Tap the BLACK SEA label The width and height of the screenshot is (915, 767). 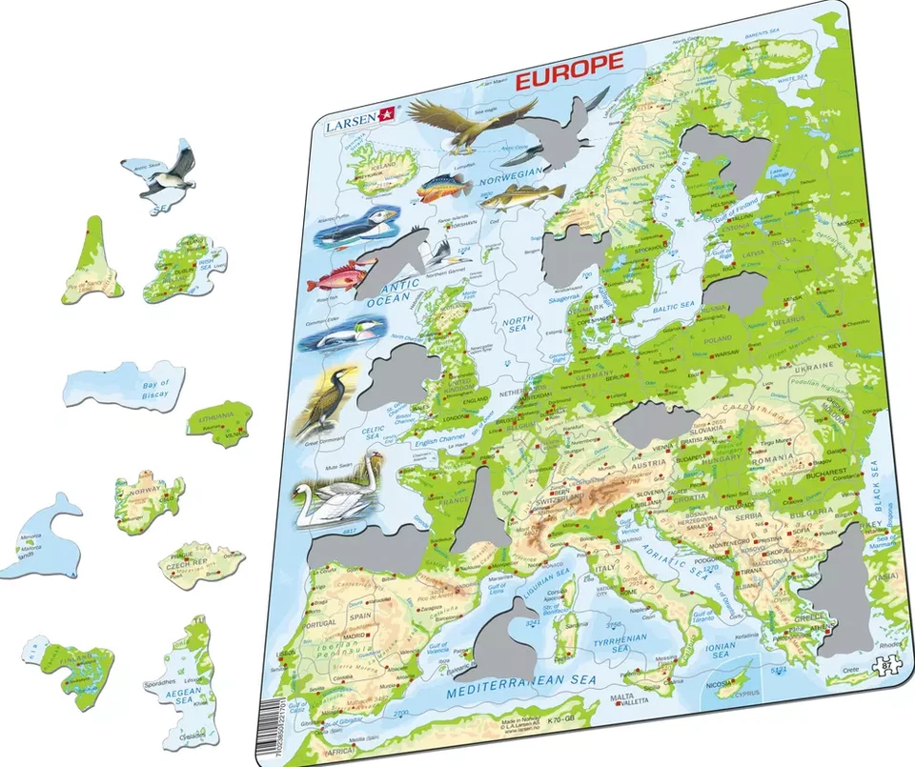872,486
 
